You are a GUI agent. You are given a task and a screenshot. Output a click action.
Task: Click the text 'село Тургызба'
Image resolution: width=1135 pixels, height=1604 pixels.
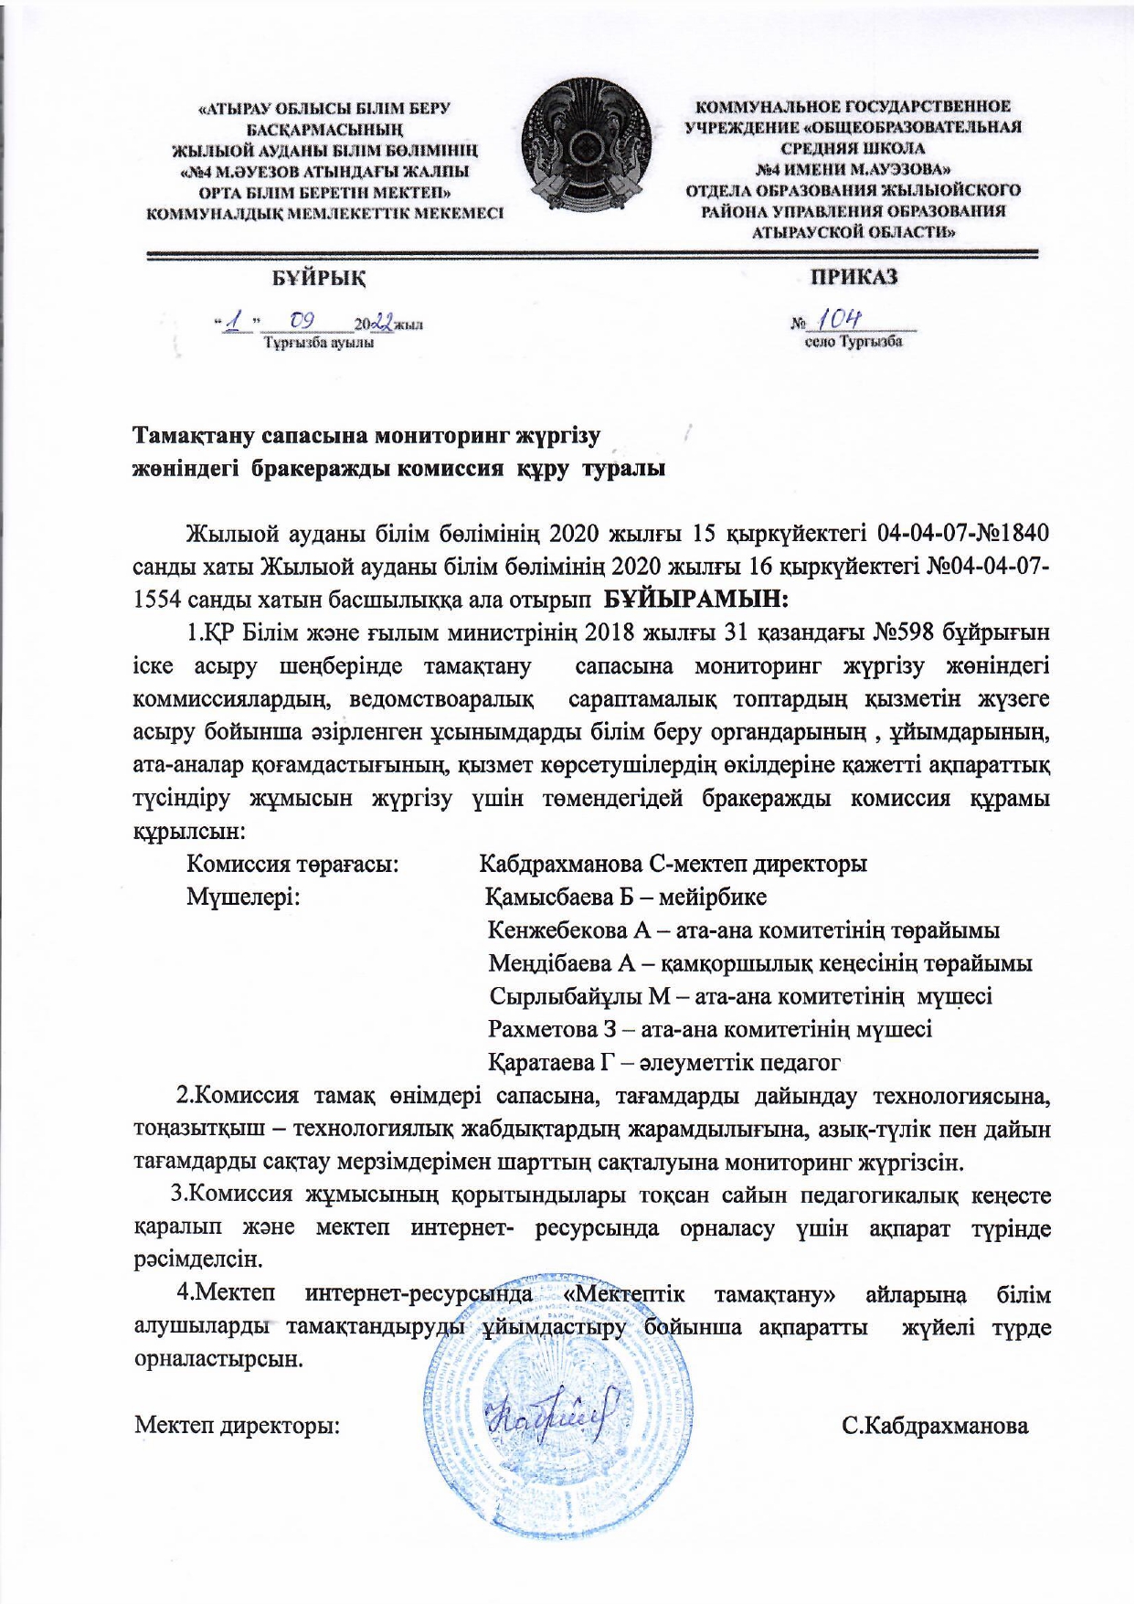click(x=853, y=343)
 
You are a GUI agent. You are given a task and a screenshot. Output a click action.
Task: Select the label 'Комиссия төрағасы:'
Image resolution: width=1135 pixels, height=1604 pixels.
click(x=292, y=863)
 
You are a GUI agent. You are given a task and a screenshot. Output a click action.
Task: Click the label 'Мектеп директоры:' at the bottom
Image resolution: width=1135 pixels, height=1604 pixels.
click(x=238, y=1425)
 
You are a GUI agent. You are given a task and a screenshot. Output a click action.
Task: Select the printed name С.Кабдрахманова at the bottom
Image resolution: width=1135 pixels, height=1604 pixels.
click(x=935, y=1425)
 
